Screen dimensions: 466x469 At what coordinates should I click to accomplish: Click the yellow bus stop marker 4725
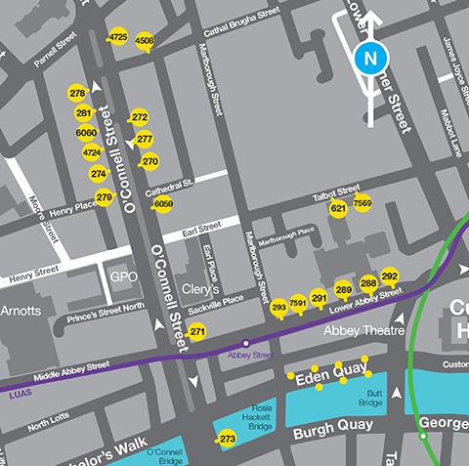118,37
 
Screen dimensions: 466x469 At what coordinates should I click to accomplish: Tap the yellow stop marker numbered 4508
145,41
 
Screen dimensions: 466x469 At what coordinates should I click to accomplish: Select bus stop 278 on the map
78,93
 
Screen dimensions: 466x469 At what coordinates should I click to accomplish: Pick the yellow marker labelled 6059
163,204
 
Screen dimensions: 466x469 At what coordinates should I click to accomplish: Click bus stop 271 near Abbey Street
197,333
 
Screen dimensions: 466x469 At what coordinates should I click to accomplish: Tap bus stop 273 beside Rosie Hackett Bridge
228,440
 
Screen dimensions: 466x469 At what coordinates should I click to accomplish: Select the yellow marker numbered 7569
362,203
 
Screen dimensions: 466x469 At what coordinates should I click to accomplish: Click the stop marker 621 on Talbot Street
338,209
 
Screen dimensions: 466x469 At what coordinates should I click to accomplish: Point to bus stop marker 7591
298,305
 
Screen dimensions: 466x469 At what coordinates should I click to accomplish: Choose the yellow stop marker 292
390,276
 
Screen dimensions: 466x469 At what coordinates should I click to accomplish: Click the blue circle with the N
369,59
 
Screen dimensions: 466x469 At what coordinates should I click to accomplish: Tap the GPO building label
120,277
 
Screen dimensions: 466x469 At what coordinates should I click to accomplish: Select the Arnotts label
21,311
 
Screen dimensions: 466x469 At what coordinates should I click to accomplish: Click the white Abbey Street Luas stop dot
245,343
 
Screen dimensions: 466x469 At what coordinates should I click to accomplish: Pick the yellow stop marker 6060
86,133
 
